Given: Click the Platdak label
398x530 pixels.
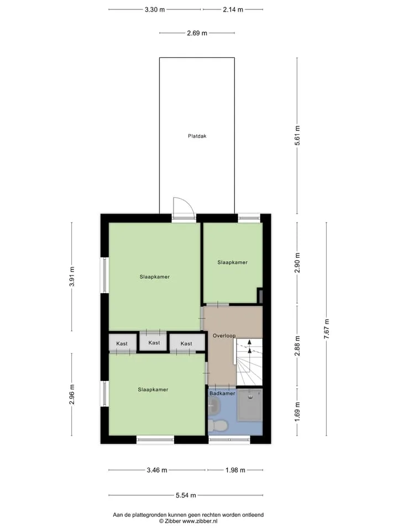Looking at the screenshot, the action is (x=197, y=136).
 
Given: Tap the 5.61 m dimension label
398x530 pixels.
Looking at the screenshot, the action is (x=297, y=136).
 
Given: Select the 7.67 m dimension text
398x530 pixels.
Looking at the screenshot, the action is (x=327, y=329).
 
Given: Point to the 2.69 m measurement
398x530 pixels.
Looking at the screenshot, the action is (x=197, y=33).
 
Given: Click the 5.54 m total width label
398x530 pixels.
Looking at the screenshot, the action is (x=186, y=496).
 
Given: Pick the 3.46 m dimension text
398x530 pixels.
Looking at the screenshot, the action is (x=157, y=470).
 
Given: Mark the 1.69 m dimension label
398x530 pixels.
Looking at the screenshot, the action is (x=297, y=412).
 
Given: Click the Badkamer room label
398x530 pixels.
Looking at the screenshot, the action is (x=222, y=394).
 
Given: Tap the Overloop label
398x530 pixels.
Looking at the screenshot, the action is (x=224, y=336).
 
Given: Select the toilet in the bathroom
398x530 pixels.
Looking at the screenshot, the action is (x=217, y=426).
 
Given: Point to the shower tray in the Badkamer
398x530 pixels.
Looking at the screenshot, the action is (x=250, y=405).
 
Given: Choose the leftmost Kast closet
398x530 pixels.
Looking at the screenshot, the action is (x=122, y=343).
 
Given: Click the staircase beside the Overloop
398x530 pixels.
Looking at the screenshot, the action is (x=249, y=362).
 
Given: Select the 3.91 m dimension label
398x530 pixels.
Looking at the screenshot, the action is (x=72, y=277).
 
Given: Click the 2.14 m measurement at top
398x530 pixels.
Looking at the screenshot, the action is (x=233, y=9).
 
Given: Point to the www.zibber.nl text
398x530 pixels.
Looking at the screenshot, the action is (x=200, y=521).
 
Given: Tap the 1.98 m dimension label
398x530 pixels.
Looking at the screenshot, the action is (x=235, y=470).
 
